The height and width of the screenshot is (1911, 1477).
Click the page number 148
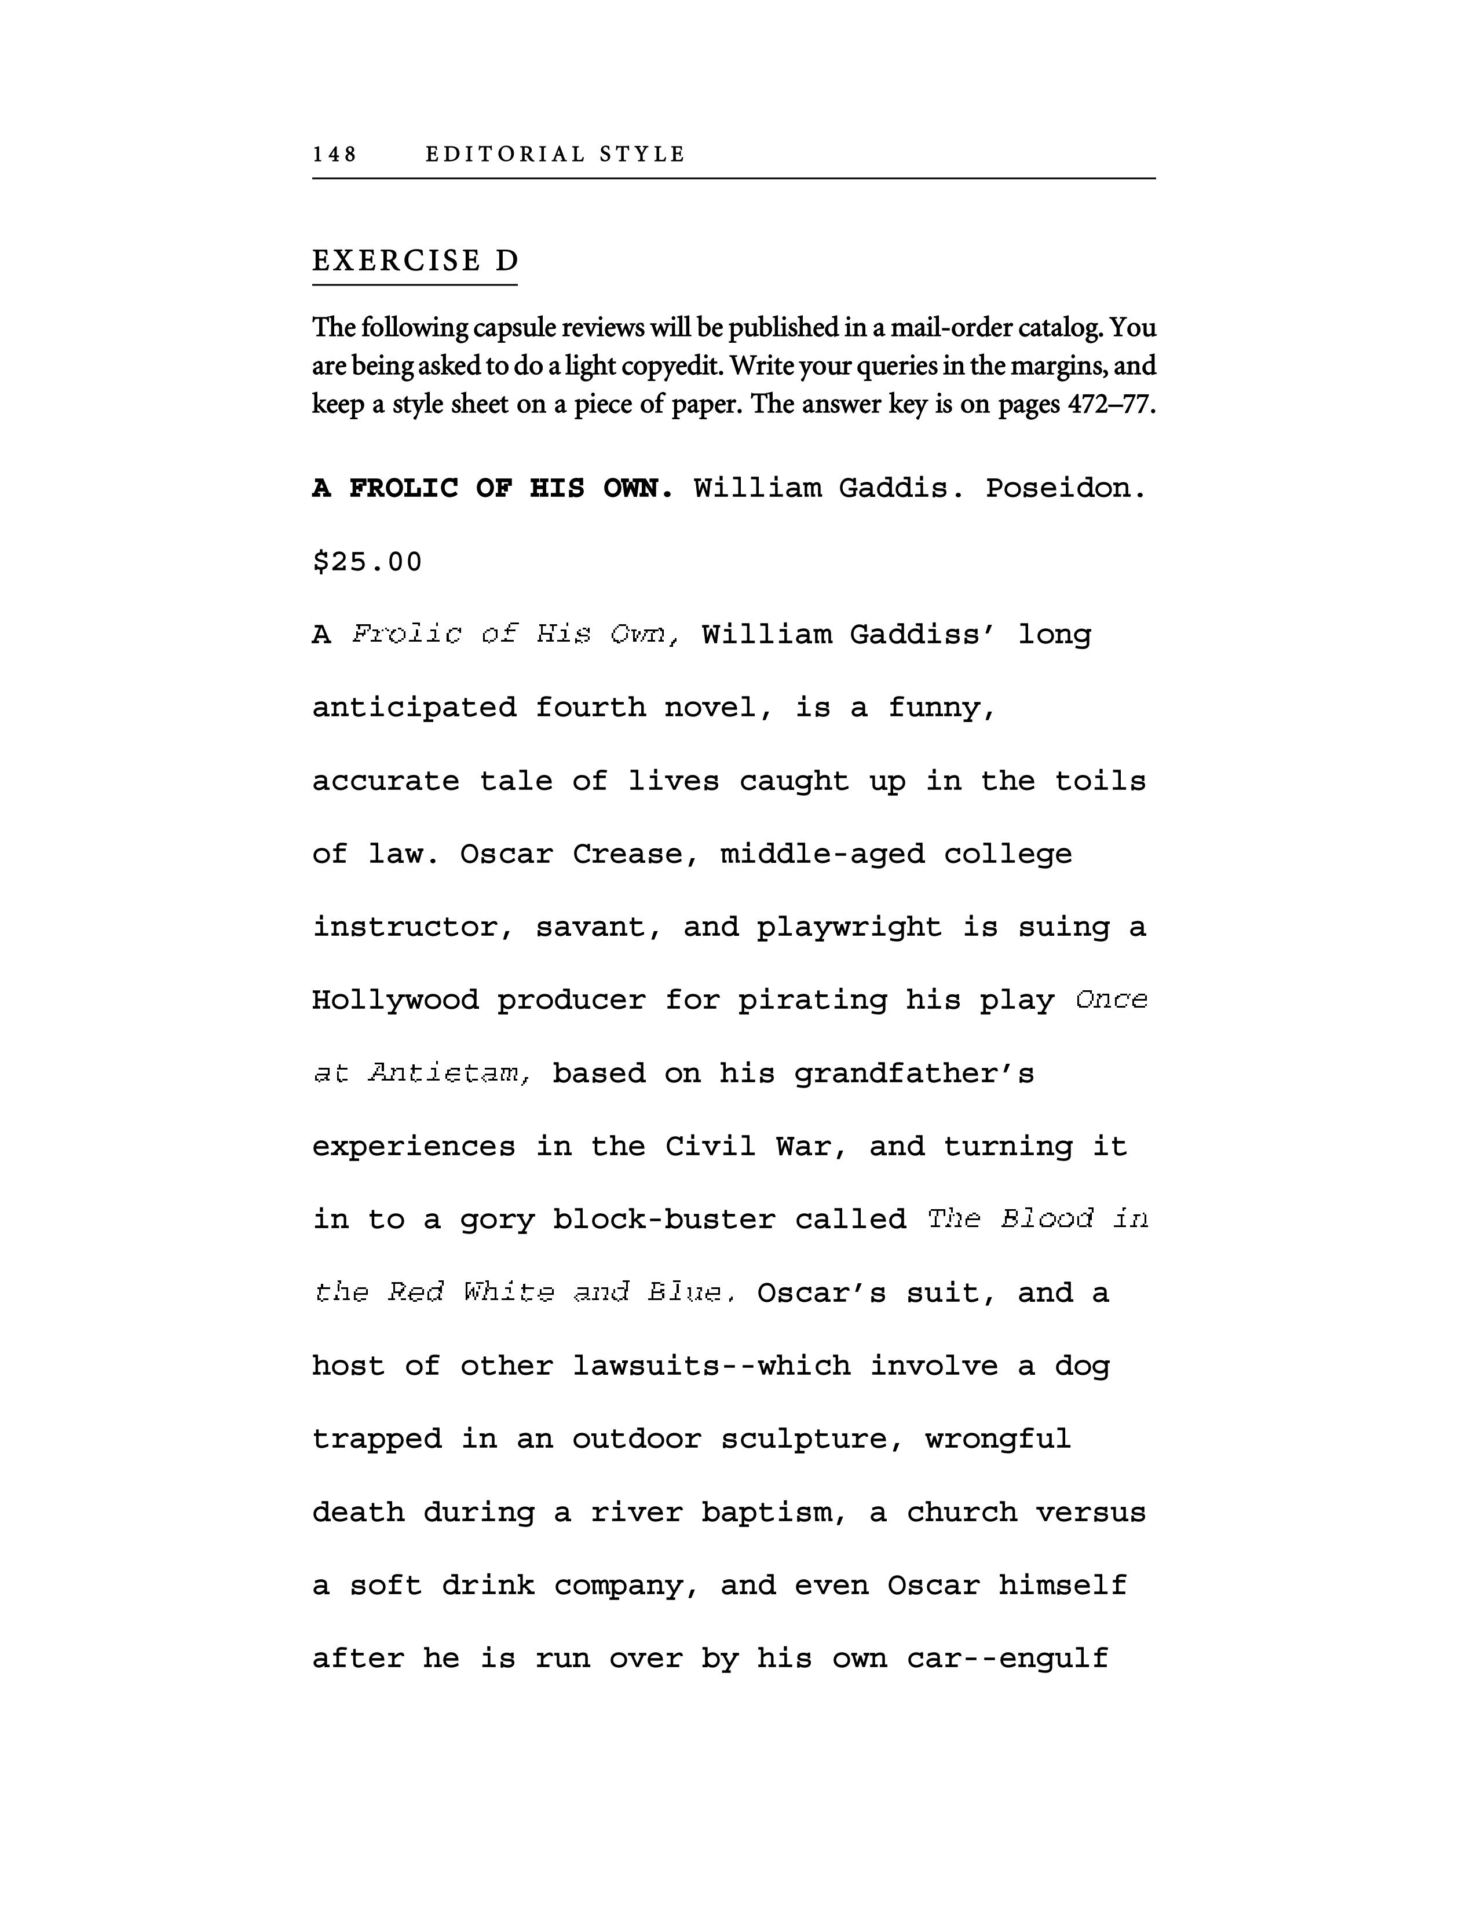[334, 155]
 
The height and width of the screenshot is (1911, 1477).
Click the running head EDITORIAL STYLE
[555, 155]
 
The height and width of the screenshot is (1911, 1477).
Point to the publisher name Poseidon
[1065, 488]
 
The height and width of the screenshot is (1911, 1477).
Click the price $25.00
[367, 562]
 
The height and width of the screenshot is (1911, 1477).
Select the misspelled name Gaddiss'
[923, 634]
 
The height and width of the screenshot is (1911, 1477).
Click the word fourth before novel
[591, 708]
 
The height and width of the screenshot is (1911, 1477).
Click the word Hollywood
[396, 1000]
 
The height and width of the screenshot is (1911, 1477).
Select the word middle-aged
[822, 854]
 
